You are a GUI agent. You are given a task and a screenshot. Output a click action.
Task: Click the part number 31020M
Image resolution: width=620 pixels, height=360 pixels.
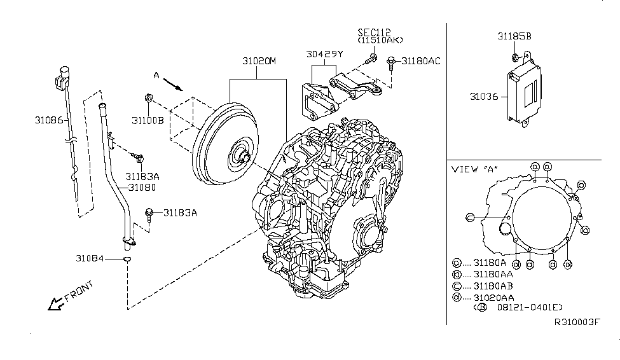[258, 62]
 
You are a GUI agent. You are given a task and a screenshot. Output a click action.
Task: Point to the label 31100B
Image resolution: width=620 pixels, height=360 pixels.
[148, 120]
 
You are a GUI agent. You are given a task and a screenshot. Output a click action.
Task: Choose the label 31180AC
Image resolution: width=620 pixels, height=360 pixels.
[420, 61]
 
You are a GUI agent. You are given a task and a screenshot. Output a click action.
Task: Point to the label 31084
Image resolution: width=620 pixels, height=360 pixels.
[90, 259]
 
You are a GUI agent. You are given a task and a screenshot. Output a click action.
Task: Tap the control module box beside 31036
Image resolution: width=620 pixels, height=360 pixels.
[526, 94]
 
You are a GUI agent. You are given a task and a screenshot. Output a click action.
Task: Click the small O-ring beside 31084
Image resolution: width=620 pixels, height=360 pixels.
[127, 259]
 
